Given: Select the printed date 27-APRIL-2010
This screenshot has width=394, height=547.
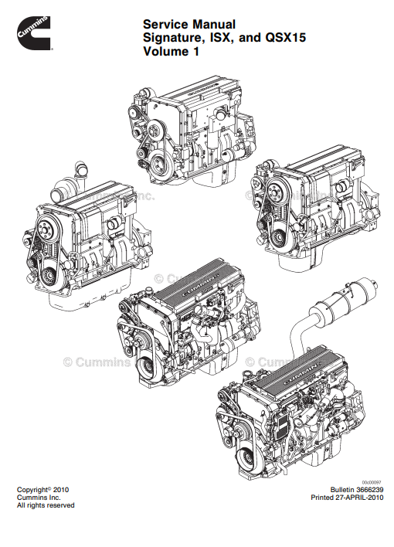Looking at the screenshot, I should point(357,498).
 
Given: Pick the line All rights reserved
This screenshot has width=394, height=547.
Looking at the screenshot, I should point(46,506).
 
